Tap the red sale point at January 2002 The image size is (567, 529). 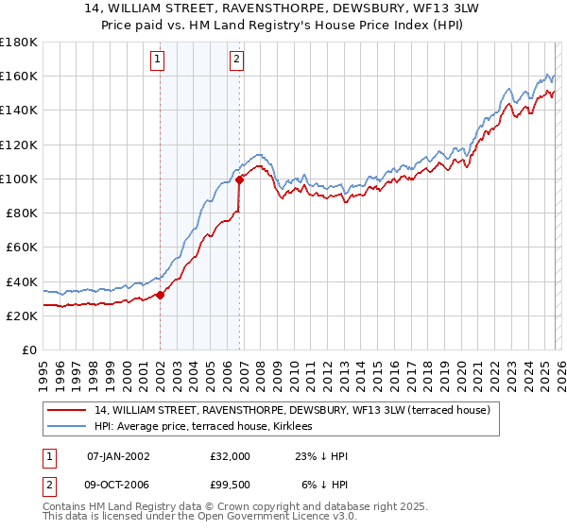point(160,295)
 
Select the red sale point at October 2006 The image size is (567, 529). point(239,179)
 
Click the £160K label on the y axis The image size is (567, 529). point(18,76)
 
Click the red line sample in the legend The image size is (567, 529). point(66,410)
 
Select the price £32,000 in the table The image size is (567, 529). point(231,455)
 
